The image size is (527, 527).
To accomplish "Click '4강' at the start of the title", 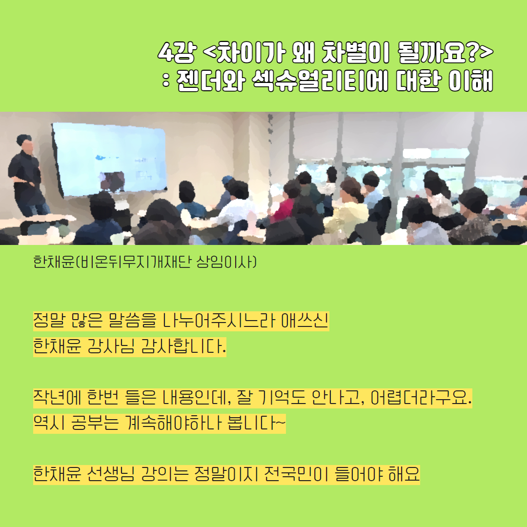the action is pyautogui.click(x=177, y=52).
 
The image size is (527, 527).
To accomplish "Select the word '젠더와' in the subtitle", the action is pyautogui.click(x=210, y=81).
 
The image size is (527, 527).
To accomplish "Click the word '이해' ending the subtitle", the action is pyautogui.click(x=470, y=81).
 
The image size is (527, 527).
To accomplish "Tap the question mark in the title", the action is pyautogui.click(x=472, y=52).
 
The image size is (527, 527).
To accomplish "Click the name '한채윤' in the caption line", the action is pyautogui.click(x=54, y=262).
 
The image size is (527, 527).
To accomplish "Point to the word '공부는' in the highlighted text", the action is pyautogui.click(x=95, y=423).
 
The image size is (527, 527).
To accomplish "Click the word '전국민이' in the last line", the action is pyautogui.click(x=296, y=474).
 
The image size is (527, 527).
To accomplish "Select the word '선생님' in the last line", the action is pyautogui.click(x=111, y=474).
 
